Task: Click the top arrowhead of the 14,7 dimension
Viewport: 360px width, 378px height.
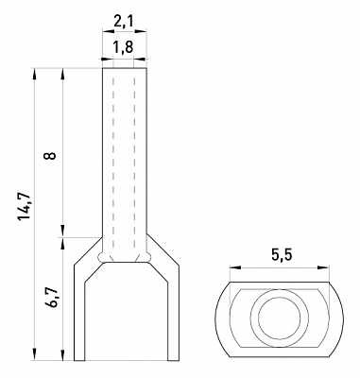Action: coord(35,71)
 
